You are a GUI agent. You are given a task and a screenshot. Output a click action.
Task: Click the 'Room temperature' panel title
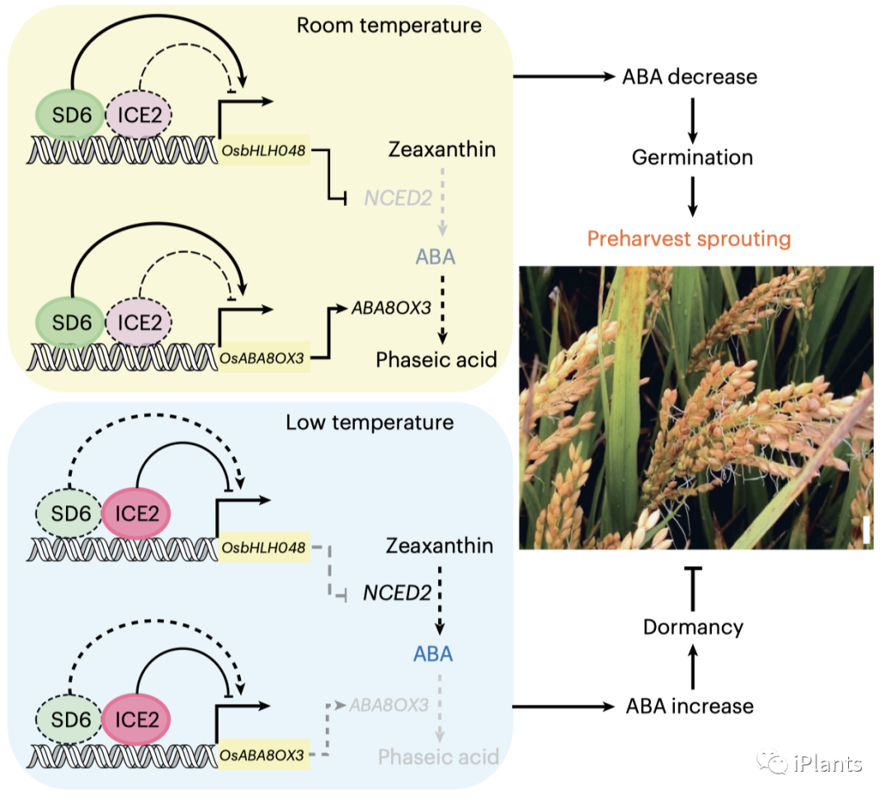[389, 26]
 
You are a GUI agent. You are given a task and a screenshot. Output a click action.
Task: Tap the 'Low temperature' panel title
[370, 423]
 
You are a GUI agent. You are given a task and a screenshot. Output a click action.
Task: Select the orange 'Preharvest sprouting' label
[689, 239]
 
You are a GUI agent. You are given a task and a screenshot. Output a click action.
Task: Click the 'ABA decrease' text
[691, 78]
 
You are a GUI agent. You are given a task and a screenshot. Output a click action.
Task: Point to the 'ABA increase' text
[690, 706]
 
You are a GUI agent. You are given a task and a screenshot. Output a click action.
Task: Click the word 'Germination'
[692, 157]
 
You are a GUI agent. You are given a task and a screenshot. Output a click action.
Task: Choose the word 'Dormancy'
[693, 627]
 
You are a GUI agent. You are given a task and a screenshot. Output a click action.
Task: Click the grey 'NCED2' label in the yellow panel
[387, 197]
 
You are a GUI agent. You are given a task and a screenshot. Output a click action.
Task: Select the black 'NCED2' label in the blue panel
[398, 593]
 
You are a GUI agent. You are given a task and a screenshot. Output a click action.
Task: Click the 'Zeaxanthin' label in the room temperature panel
[442, 149]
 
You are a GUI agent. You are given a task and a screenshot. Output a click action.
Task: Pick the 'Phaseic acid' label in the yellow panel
[436, 360]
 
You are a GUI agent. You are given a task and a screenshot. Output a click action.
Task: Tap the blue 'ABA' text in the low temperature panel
[434, 654]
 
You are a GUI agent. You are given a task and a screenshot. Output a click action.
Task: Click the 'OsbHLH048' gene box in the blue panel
[264, 548]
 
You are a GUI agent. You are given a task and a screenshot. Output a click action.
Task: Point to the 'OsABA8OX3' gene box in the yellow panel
[263, 357]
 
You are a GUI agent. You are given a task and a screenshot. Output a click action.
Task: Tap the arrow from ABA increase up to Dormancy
[692, 667]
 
